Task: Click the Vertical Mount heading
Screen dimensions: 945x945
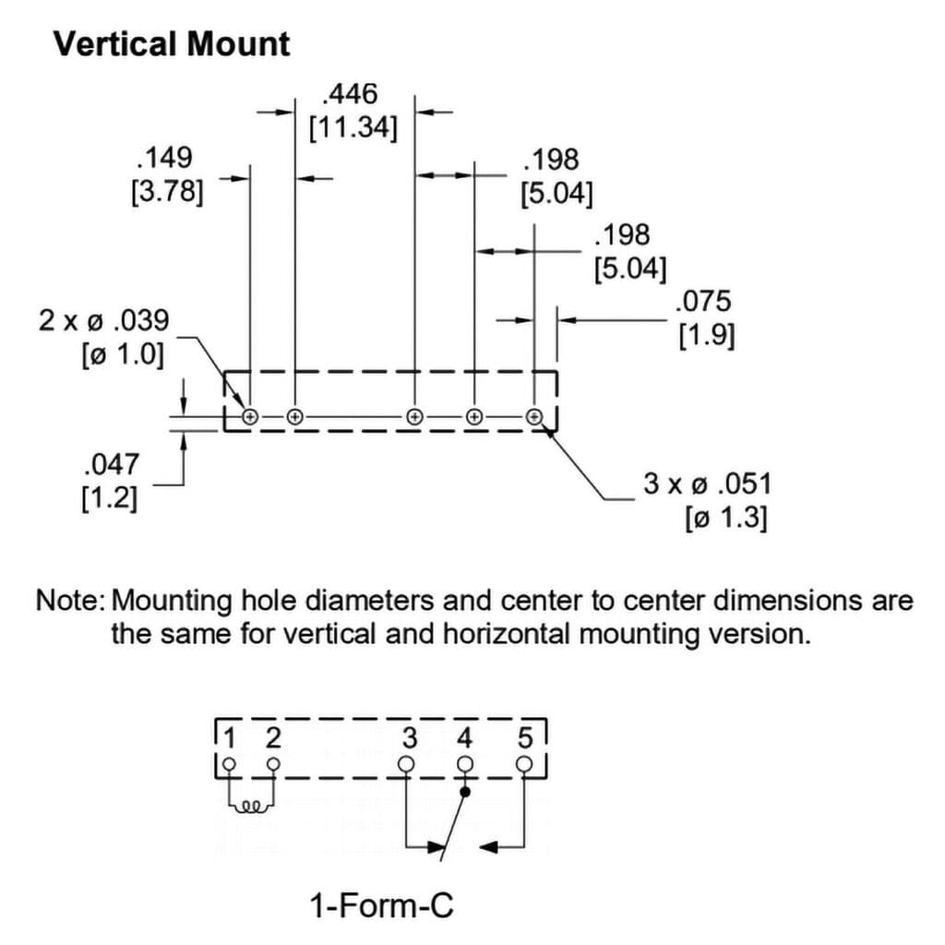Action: tap(172, 44)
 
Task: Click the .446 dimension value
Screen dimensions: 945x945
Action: tap(352, 94)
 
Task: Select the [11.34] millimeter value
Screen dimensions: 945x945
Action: tap(353, 127)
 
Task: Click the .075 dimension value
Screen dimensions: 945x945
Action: tap(703, 302)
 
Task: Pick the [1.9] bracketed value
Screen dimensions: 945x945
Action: tap(707, 336)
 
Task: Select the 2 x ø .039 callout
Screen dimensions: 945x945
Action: tap(104, 321)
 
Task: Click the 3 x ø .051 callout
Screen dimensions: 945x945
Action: tap(706, 484)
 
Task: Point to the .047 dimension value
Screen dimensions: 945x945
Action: tap(111, 464)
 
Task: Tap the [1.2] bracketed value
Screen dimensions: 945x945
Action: tap(111, 499)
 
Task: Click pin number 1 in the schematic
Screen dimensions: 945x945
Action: tap(232, 738)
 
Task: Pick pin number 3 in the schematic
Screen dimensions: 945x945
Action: tap(411, 738)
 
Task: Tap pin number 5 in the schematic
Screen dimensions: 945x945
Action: tap(525, 738)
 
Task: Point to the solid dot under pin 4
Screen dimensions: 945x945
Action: tap(466, 792)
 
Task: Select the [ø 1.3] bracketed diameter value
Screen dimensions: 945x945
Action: tap(726, 519)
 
